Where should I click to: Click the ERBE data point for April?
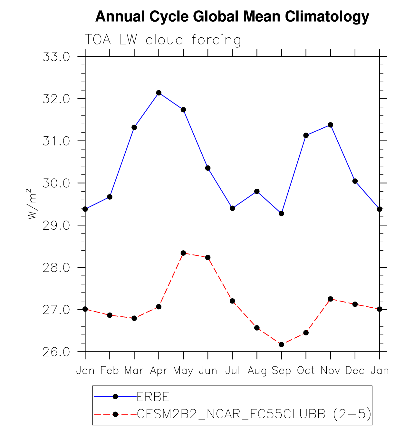[159, 93]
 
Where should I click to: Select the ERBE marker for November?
[330, 125]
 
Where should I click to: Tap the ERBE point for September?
[281, 213]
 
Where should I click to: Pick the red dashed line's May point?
[183, 253]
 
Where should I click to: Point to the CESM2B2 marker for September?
[281, 344]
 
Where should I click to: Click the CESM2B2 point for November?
[330, 299]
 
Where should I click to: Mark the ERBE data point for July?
[232, 208]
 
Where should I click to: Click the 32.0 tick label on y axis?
[56, 99]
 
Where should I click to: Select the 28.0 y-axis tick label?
[56, 268]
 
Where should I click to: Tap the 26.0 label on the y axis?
[56, 352]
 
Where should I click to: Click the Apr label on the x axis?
[159, 371]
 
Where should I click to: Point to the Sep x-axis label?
[281, 371]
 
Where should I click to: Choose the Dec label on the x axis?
[355, 371]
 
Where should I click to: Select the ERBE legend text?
[153, 397]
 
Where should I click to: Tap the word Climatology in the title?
[327, 16]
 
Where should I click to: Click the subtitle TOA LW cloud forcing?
[163, 40]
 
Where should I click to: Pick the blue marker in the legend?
[115, 397]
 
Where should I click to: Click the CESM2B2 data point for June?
[208, 257]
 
